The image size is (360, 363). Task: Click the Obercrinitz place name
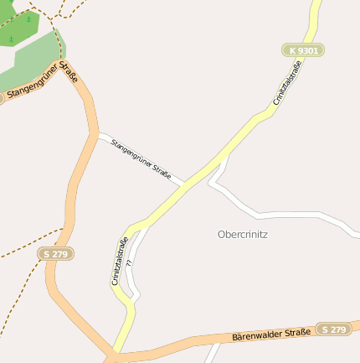tap(242, 235)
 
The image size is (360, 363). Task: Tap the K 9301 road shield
tap(302, 51)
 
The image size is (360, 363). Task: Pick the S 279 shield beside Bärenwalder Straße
tap(333, 329)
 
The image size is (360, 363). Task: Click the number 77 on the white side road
tap(130, 263)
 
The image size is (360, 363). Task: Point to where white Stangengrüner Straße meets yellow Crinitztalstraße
tap(186, 184)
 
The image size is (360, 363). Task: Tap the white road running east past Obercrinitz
tap(285, 215)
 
